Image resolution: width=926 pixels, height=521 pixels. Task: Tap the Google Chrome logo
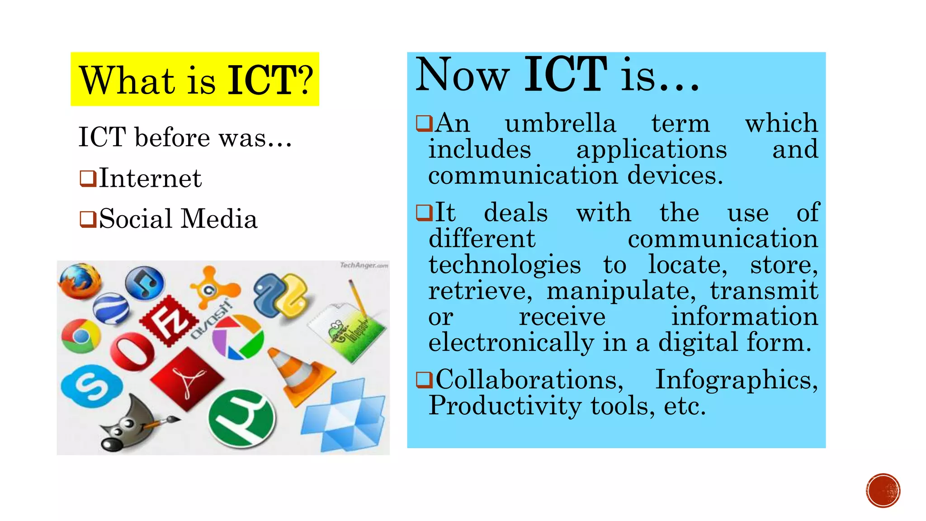pyautogui.click(x=81, y=336)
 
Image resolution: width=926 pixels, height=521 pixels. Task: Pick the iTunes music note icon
pyautogui.click(x=145, y=283)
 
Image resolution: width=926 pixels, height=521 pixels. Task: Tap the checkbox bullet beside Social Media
pyautogui.click(x=88, y=219)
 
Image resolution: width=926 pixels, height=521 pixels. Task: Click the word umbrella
pyautogui.click(x=560, y=123)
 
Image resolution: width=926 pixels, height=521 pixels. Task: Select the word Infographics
pyautogui.click(x=736, y=379)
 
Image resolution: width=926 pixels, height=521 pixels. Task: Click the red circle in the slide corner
pyautogui.click(x=883, y=491)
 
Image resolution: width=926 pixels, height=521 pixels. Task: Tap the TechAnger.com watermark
pyautogui.click(x=364, y=265)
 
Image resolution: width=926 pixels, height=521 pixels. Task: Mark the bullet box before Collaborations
pyautogui.click(x=424, y=379)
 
